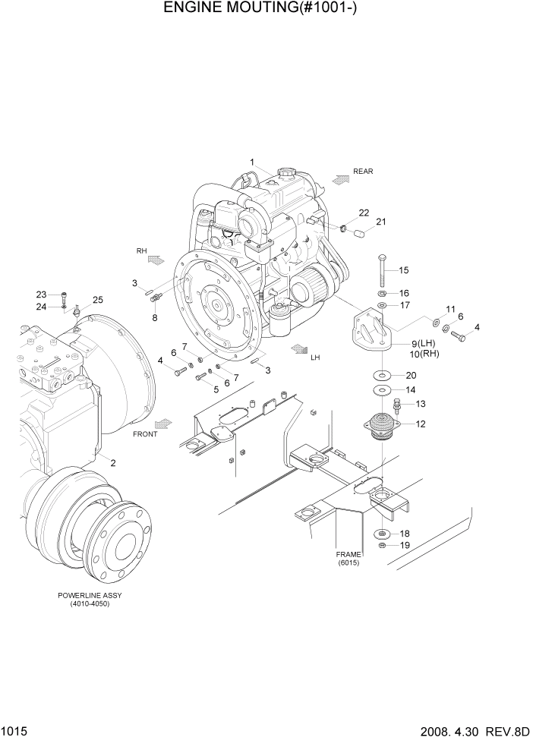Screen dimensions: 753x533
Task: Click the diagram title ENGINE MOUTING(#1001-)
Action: (x=266, y=10)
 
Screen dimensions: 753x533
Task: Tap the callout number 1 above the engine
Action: (x=253, y=161)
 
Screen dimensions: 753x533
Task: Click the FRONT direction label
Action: (x=146, y=434)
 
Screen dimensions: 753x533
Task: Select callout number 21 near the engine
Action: (x=381, y=222)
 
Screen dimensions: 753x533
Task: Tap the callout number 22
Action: (x=364, y=213)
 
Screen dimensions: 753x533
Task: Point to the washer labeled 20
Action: (x=380, y=376)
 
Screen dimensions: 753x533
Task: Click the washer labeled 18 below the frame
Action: (x=381, y=534)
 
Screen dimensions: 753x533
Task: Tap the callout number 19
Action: (x=405, y=545)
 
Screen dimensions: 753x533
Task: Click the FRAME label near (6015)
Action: (x=349, y=554)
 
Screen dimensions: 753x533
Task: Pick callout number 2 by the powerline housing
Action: (x=112, y=463)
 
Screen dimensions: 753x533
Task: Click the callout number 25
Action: (x=97, y=300)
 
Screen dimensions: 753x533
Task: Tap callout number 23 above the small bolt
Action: (x=42, y=295)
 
